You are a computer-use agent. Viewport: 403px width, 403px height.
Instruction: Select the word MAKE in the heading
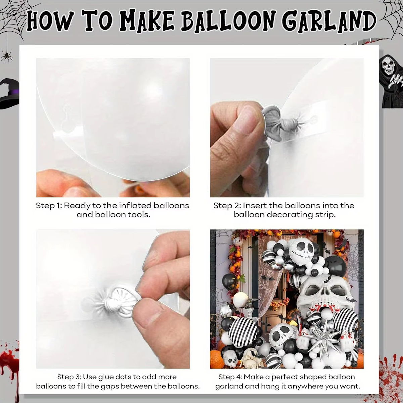tap(146, 21)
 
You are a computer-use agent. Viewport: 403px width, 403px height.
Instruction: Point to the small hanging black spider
tap(6, 55)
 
